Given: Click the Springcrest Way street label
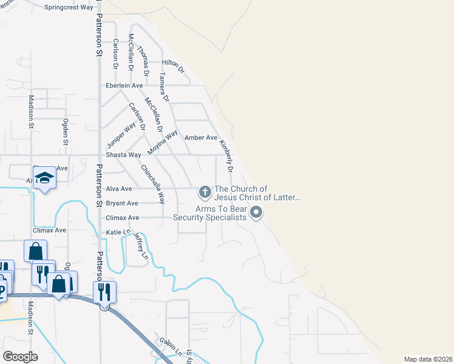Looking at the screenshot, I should coord(69,8).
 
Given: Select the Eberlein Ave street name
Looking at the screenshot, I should coord(124,86).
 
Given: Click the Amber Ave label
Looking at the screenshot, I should coord(201,138).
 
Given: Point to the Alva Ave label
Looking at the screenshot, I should coord(119,189).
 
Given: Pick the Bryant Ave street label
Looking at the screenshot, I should coord(122,203).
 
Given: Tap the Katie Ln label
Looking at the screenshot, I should coord(118,232).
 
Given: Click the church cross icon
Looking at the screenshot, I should coord(205,193).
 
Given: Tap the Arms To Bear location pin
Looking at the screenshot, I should coord(256,212).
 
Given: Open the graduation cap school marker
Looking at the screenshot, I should coord(44,177).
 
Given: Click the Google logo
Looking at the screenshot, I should coord(20,357).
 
